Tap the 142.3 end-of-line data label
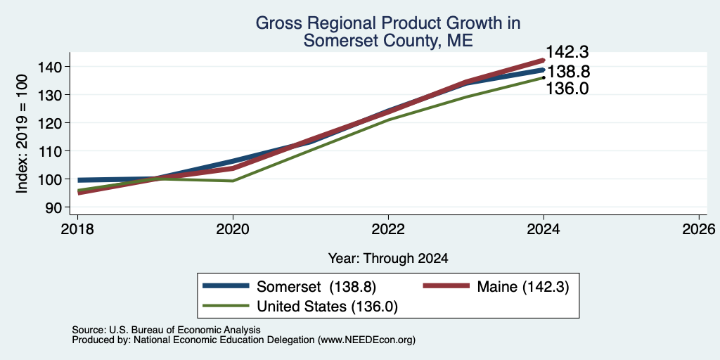point(567,52)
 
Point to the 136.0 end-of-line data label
point(567,88)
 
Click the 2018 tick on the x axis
point(77,229)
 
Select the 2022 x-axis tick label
point(388,229)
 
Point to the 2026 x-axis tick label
point(699,229)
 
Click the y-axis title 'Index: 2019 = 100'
point(22,134)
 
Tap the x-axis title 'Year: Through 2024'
point(388,259)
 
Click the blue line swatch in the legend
point(226,286)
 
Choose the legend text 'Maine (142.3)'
point(523,287)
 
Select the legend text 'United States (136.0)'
point(327,307)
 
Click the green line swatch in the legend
point(226,306)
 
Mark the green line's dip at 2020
point(233,181)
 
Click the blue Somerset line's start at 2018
point(79,180)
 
